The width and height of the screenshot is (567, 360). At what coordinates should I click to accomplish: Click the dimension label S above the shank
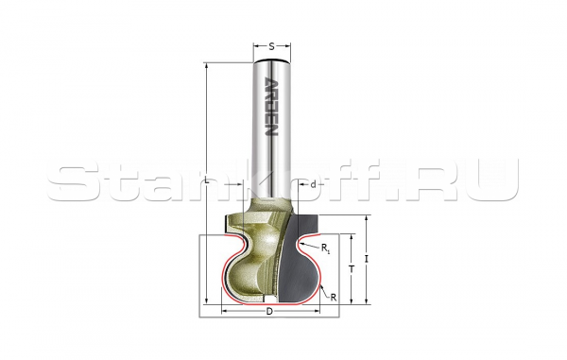tap(271, 46)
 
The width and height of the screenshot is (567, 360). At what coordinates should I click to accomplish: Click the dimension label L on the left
tap(206, 180)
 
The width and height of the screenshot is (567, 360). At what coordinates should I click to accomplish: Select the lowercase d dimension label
tap(313, 184)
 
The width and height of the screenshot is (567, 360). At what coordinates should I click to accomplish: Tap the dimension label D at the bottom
tap(269, 311)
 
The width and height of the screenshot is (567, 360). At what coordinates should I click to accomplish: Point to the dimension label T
tap(351, 268)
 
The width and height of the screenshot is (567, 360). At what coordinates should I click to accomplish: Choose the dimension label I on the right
tap(367, 259)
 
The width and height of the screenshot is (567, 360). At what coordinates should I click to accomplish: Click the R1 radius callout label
tap(325, 248)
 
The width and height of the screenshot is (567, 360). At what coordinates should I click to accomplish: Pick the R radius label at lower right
tap(333, 298)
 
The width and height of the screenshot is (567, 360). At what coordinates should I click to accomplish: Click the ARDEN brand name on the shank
tap(271, 107)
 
